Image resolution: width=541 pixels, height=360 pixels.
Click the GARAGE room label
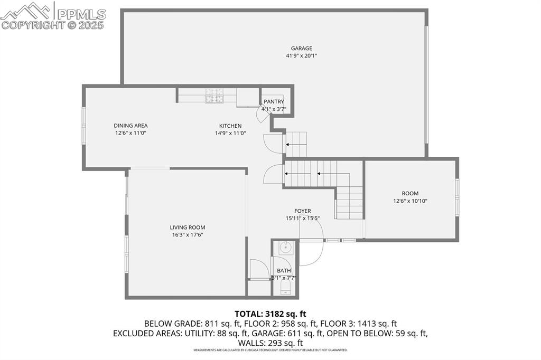coord(301,49)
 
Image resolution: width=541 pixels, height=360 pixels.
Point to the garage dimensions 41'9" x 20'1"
coord(301,56)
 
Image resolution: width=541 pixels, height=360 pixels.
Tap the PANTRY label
coord(274,102)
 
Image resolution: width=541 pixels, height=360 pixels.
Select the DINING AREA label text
coord(130,126)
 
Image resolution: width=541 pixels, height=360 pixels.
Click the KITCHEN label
coord(230,126)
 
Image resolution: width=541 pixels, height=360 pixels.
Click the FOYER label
coord(303,211)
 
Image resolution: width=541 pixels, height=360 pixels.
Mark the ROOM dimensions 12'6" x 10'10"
coord(410,201)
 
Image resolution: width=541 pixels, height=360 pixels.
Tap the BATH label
coord(284,271)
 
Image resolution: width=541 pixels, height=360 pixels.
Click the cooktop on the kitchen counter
coord(215,96)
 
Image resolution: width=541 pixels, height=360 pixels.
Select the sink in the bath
coord(285,247)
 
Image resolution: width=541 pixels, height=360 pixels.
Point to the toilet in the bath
coord(285,287)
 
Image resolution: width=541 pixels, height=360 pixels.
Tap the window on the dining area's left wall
coord(83,126)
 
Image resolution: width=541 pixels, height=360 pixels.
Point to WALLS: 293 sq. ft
coord(270,343)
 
